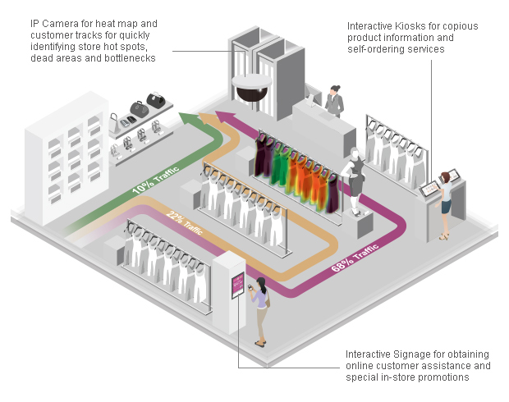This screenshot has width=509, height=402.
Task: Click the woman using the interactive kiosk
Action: (445, 201)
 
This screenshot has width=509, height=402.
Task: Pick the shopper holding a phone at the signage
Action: (261, 310)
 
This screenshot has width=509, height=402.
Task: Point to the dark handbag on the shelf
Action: (155, 102)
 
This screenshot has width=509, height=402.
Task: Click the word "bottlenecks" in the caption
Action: (128, 58)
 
